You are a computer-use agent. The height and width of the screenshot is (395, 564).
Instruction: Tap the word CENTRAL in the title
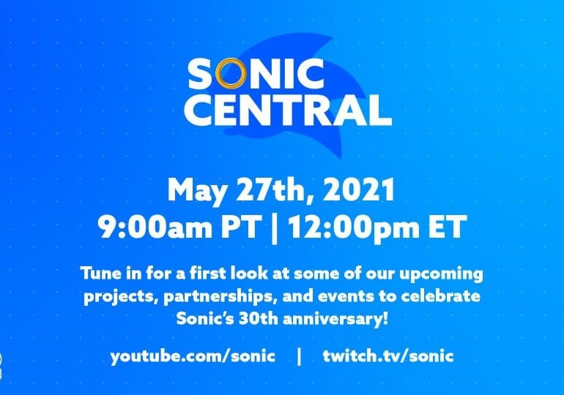click(287, 110)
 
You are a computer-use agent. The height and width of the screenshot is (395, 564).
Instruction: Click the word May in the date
click(198, 190)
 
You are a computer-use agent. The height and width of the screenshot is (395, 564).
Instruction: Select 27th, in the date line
click(276, 190)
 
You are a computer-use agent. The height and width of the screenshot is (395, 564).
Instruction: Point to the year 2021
click(359, 190)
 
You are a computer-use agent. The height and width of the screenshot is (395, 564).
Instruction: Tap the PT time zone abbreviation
click(240, 227)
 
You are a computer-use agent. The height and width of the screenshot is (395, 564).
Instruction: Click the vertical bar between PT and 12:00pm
click(275, 228)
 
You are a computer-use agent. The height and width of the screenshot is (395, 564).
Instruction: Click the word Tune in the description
click(101, 274)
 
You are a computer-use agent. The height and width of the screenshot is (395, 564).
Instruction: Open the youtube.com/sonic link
click(193, 356)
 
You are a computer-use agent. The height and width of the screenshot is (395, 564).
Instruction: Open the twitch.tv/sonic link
click(388, 355)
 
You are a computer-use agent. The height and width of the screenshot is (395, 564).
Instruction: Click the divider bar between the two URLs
click(299, 356)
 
